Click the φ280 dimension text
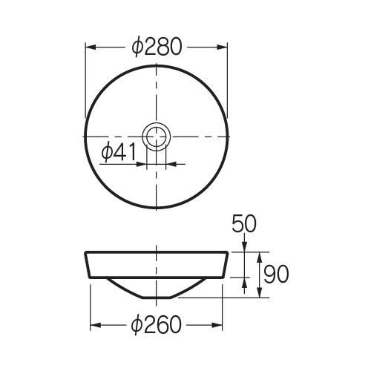[x=156, y=47]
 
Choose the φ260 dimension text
[x=156, y=325]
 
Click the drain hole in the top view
[x=157, y=137]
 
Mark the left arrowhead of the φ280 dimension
[x=89, y=47]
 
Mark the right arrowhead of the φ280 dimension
[x=224, y=47]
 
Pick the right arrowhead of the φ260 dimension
[x=220, y=325]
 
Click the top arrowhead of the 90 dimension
[x=259, y=255]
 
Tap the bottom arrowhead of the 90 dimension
[x=259, y=295]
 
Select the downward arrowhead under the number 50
[x=244, y=248]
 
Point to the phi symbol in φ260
[x=137, y=325]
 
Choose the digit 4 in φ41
[x=119, y=152]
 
